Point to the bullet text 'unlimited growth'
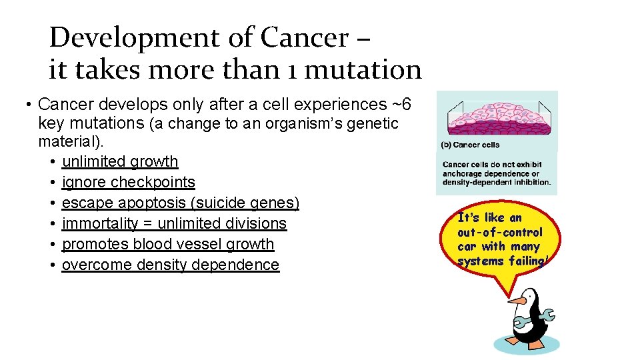[120, 161]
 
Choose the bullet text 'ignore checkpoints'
[128, 182]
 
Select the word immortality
[99, 223]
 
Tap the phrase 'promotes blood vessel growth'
[168, 244]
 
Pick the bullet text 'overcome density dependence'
[170, 265]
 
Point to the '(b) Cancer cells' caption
[470, 145]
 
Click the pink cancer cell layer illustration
[496, 117]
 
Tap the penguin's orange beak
[516, 301]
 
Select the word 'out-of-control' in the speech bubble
[499, 233]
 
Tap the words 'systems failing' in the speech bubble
[501, 261]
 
